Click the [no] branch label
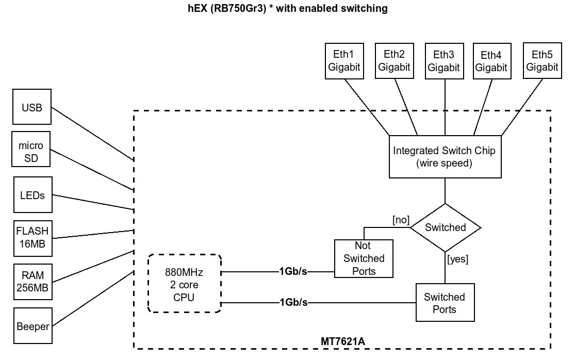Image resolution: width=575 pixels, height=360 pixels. pyautogui.click(x=401, y=220)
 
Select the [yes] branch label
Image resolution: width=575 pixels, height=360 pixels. pyautogui.click(x=457, y=259)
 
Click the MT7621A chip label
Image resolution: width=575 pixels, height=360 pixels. pyautogui.click(x=343, y=341)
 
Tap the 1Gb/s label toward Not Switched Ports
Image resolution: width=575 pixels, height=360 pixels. pyautogui.click(x=293, y=271)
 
